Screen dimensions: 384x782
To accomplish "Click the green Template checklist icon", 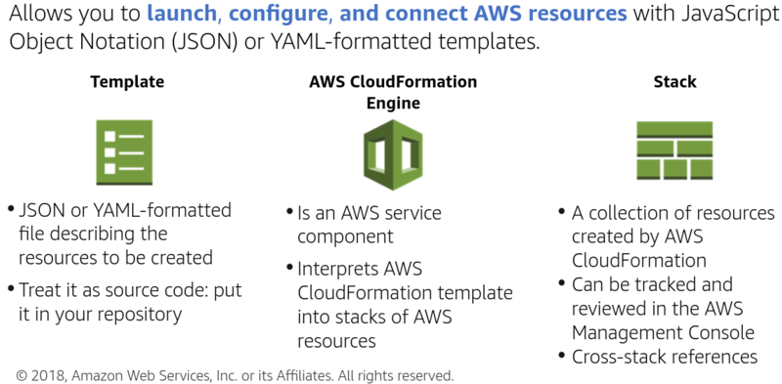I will coord(125,152).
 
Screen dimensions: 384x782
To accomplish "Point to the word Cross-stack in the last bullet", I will coord(617,357).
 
